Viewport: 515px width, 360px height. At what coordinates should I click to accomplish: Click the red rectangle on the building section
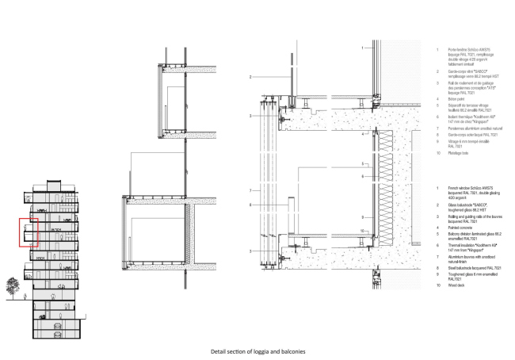[28, 232]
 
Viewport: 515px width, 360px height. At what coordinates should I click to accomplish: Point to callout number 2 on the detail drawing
[250, 77]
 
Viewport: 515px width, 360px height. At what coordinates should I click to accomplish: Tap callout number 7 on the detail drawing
[250, 190]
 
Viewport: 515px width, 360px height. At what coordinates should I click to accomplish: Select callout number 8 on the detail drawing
[250, 205]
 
